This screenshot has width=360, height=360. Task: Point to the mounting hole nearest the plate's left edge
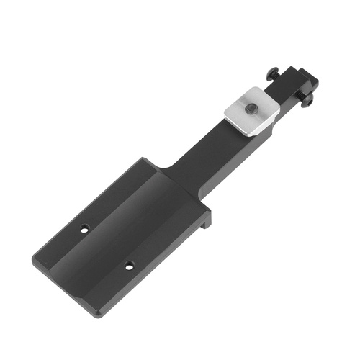click(84, 230)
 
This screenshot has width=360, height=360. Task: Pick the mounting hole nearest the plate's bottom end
click(130, 266)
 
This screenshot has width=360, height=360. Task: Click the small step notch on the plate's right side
click(207, 219)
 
